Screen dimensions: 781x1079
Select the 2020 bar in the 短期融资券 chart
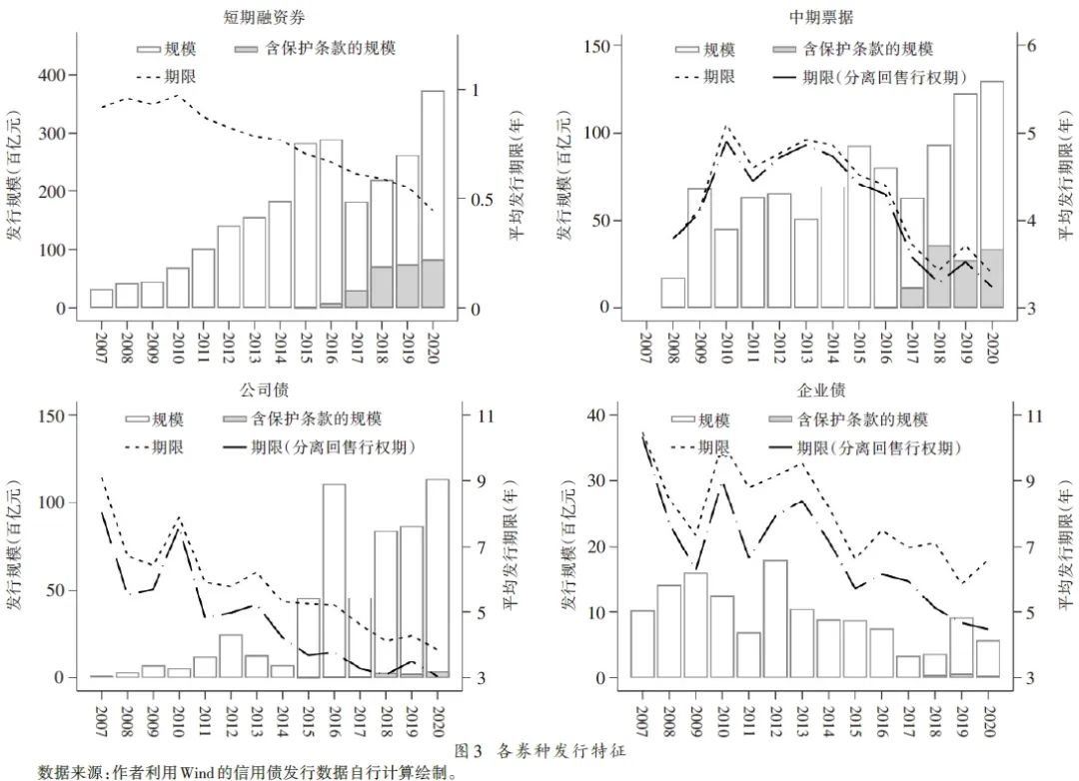(x=433, y=200)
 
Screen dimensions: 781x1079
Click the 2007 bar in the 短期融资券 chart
(x=101, y=299)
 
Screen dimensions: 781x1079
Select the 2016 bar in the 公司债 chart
(x=334, y=580)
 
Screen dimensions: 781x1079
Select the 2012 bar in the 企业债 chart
(x=775, y=618)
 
